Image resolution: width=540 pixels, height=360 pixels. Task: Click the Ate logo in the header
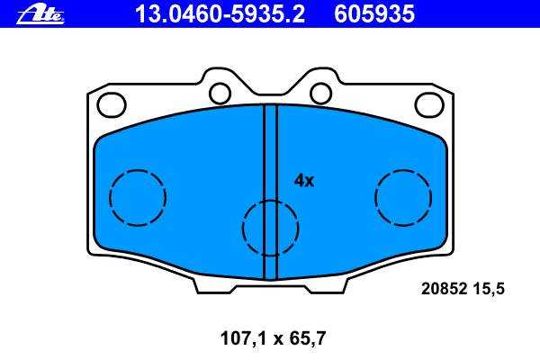click(x=40, y=15)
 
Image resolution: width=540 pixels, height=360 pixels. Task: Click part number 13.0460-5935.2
click(x=220, y=14)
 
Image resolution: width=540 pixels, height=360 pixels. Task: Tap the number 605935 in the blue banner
click(x=374, y=14)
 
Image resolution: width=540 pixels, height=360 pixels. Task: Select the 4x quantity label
click(x=304, y=181)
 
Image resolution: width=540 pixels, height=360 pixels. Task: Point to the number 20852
click(x=444, y=288)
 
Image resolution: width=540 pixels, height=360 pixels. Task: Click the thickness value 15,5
click(x=489, y=289)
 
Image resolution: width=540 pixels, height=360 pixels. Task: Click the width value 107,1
click(x=244, y=338)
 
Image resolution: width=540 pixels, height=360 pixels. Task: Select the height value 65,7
click(x=308, y=338)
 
